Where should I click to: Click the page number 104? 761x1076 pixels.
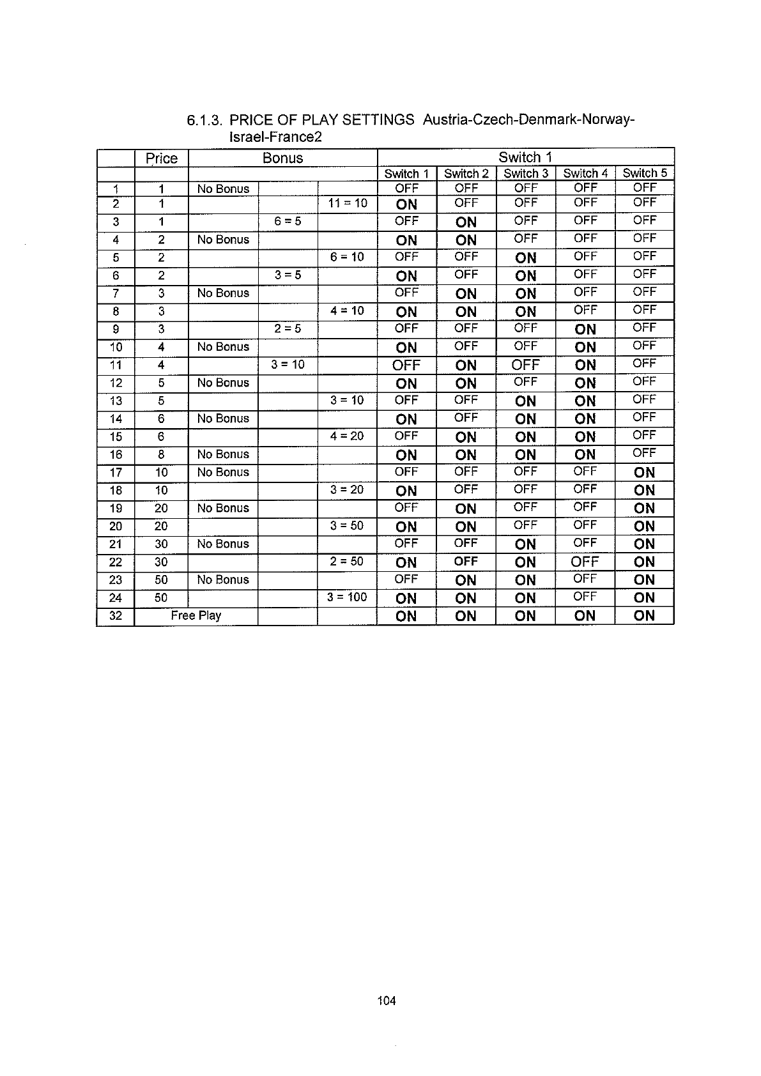[387, 1001]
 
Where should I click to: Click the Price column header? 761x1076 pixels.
[161, 158]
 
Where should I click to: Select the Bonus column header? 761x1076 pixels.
[282, 158]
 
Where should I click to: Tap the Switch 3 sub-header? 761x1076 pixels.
[525, 173]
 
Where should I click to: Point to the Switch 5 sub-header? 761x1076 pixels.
[644, 173]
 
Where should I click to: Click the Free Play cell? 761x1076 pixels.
[196, 615]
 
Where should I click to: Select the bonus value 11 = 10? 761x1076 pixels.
[347, 203]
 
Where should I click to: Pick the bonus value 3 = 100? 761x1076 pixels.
[347, 597]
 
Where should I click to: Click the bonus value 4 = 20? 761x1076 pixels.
[347, 436]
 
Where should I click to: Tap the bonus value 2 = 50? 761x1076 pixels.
[347, 561]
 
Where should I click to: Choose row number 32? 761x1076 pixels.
[116, 617]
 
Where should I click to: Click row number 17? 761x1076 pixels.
[116, 473]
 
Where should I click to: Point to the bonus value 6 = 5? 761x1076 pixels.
[288, 221]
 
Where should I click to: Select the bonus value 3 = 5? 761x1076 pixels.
[288, 275]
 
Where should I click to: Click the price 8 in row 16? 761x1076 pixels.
[161, 454]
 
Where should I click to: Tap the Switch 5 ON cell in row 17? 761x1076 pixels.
[644, 473]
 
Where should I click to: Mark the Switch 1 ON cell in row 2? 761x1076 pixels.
[406, 204]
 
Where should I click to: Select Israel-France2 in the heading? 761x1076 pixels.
[275, 137]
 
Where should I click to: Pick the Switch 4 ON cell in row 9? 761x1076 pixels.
[585, 330]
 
